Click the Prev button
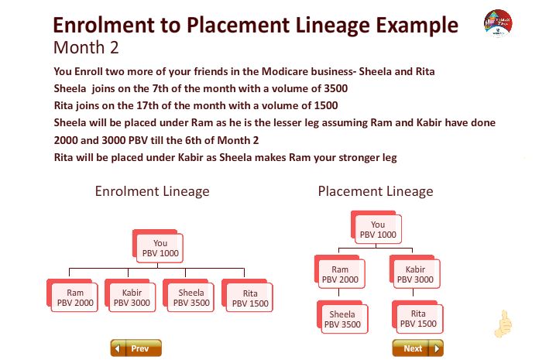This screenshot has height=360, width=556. (136, 348)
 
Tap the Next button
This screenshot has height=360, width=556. (417, 348)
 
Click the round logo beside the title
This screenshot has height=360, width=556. (498, 23)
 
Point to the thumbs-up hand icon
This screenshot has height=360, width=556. (503, 324)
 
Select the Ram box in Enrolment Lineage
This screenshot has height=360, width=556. (72, 296)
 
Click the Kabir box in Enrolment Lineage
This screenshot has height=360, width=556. (130, 296)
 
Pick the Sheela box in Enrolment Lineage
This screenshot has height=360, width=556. (189, 296)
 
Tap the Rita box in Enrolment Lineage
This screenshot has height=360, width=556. (248, 296)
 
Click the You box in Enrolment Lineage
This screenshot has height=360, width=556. (158, 246)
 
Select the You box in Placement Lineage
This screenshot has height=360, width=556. (376, 228)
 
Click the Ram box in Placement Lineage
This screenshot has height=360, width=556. (340, 272)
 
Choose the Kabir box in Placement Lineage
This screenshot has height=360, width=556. (415, 272)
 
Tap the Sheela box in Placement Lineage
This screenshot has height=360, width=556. (342, 317)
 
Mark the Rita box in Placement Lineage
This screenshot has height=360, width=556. (417, 317)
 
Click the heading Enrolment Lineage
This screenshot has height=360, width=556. (152, 191)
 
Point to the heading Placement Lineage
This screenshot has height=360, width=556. (376, 191)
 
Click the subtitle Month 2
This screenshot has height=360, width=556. (86, 47)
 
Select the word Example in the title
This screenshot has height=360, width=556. (417, 26)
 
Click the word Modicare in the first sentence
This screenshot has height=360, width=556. (285, 71)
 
